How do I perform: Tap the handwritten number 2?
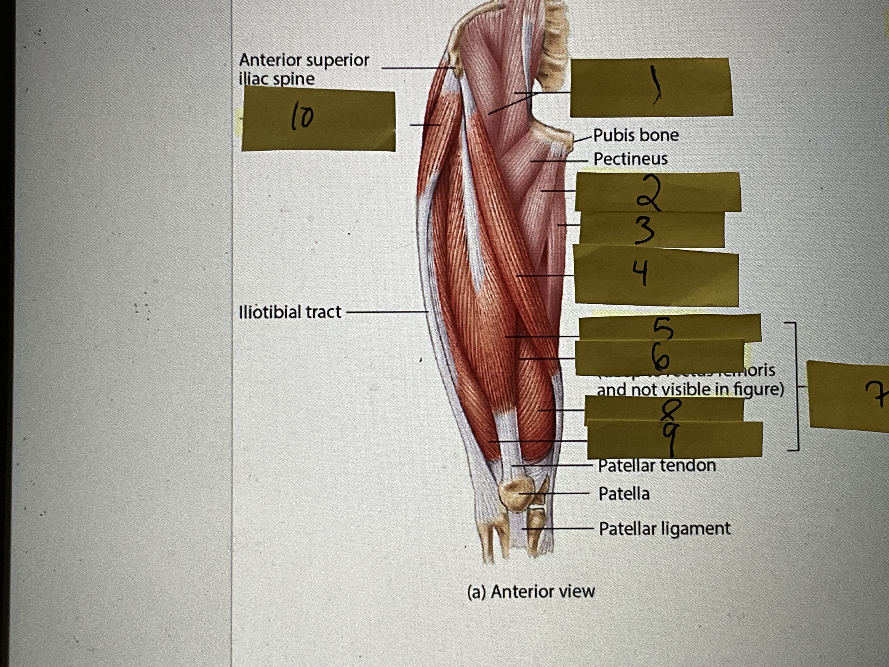click(x=648, y=194)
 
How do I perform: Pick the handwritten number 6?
click(x=660, y=356)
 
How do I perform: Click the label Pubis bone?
click(x=636, y=135)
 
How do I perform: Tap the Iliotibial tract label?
click(x=290, y=312)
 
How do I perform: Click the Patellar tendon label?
click(x=657, y=466)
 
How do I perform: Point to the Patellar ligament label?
click(x=664, y=528)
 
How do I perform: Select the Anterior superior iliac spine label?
click(x=304, y=69)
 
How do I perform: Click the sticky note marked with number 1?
click(x=651, y=88)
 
